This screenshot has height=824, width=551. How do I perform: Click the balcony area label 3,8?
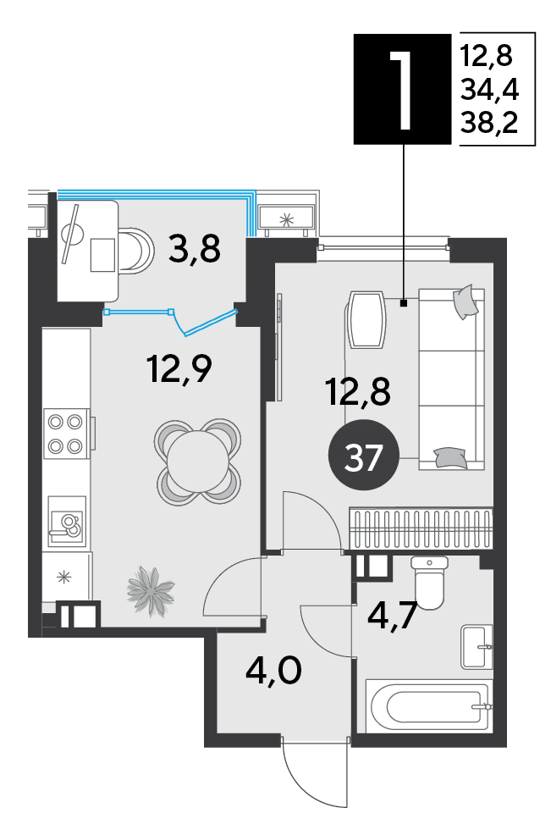click(195, 249)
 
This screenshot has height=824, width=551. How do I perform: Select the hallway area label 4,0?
click(273, 671)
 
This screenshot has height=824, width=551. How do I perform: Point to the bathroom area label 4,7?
click(393, 615)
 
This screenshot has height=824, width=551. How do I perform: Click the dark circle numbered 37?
click(363, 456)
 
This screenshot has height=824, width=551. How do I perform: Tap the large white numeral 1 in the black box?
click(403, 90)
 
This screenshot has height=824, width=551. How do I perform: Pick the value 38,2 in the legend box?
click(489, 123)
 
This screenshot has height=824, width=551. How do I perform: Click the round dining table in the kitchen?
click(197, 462)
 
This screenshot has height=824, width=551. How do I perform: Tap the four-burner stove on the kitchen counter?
click(66, 434)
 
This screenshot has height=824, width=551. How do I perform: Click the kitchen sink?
click(67, 522)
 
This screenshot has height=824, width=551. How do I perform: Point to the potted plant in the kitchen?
click(150, 589)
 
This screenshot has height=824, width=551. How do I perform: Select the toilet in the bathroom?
click(430, 583)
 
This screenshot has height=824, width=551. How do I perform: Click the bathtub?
click(429, 705)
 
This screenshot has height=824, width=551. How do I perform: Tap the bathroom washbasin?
click(477, 646)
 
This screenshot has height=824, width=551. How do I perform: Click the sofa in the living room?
click(451, 379)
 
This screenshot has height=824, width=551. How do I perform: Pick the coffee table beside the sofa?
click(367, 320)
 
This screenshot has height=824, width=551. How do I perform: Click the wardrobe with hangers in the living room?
click(421, 528)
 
